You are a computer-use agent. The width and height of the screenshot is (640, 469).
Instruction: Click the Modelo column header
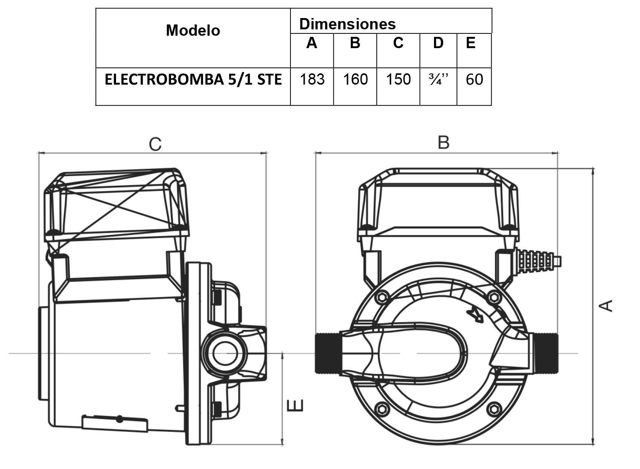point(193,30)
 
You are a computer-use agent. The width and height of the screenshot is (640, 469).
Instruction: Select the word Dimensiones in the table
point(347,24)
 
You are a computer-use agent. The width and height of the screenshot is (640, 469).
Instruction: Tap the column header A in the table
point(312,43)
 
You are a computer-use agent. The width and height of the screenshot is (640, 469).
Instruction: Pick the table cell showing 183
point(312,79)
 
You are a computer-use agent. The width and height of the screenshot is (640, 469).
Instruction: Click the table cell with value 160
point(355,79)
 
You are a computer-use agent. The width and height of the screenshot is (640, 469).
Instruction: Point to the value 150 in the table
point(398,79)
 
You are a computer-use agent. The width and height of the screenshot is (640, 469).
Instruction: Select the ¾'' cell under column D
point(438,79)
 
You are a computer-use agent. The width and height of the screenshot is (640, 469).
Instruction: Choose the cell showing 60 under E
point(474,79)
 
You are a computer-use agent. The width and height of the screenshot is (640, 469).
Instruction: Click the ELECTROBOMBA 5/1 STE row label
point(193,80)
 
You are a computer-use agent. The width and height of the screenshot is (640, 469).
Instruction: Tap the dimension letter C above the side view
point(155,144)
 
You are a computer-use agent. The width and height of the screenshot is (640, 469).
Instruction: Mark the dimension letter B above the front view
point(443,143)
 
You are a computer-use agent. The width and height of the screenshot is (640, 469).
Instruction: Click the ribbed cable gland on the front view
point(537,259)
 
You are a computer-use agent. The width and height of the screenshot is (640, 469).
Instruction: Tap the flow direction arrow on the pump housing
point(475,315)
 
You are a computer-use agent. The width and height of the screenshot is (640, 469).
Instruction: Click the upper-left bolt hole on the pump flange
point(382,297)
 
